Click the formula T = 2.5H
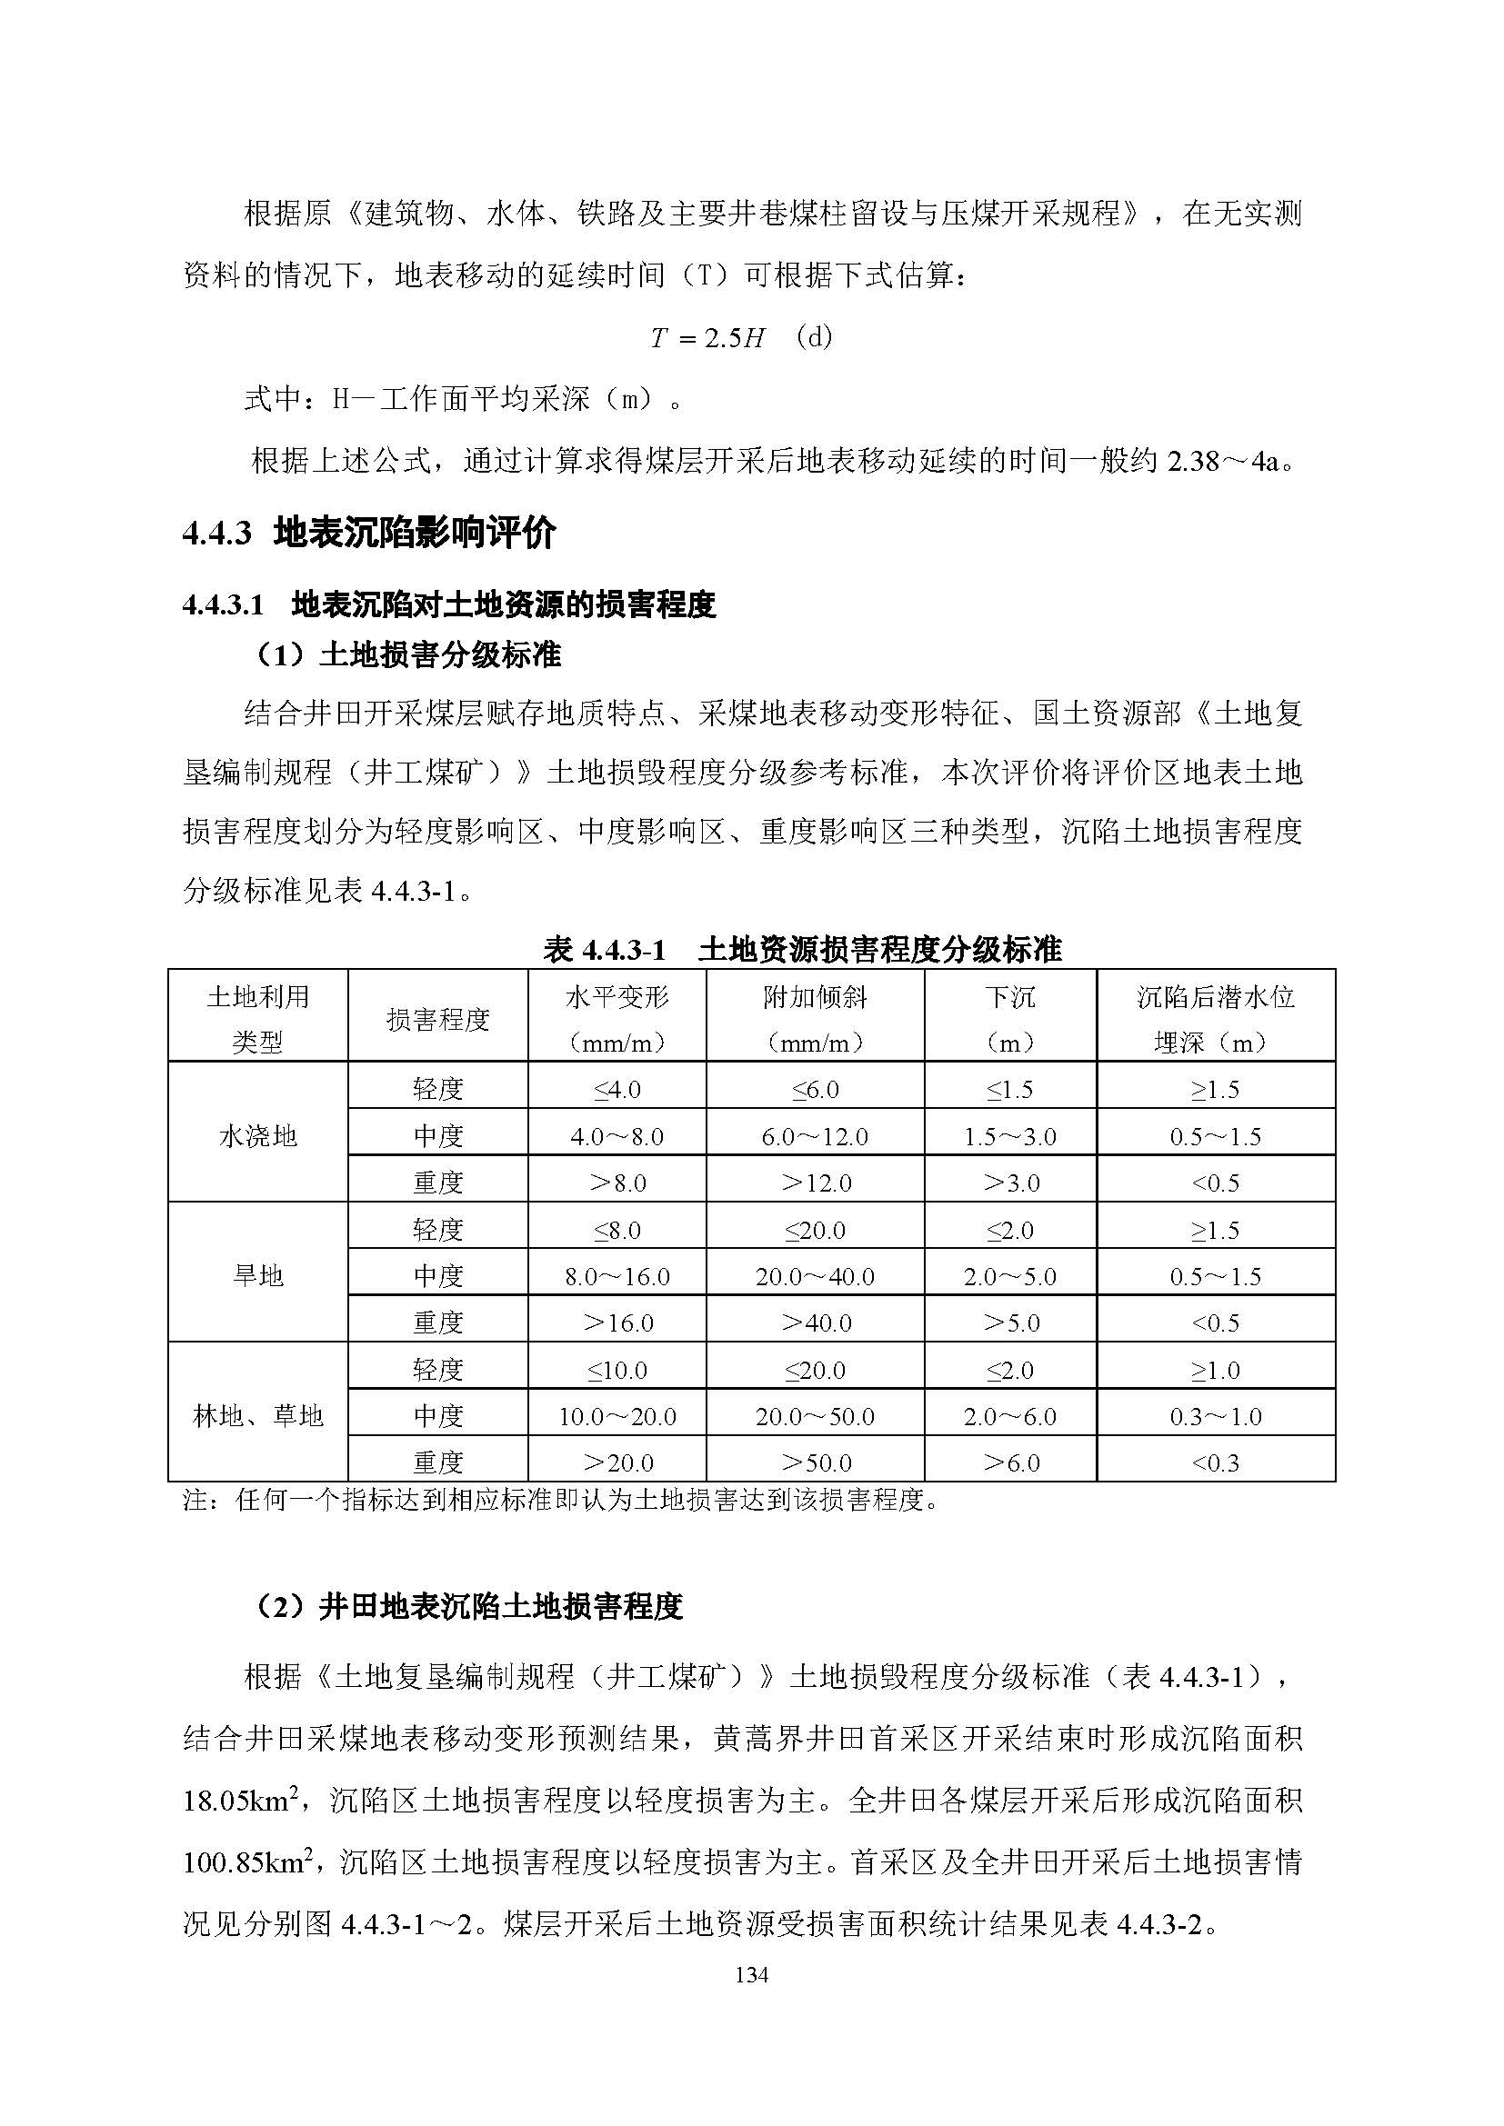click(x=707, y=338)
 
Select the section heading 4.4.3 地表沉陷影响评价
click(x=369, y=534)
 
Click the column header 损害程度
click(x=437, y=1021)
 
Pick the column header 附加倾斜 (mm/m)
click(x=815, y=1020)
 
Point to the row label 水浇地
click(x=257, y=1136)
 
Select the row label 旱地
click(x=257, y=1276)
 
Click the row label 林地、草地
click(x=257, y=1416)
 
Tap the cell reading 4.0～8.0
click(x=617, y=1137)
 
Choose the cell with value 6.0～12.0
click(x=815, y=1137)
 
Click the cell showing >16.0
click(x=617, y=1323)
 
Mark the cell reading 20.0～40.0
click(x=815, y=1277)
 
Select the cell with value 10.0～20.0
click(x=617, y=1417)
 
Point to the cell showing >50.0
click(x=815, y=1463)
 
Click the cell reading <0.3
click(x=1215, y=1463)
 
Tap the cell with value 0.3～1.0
click(x=1215, y=1417)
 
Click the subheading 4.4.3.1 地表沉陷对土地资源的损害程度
click(x=449, y=605)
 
